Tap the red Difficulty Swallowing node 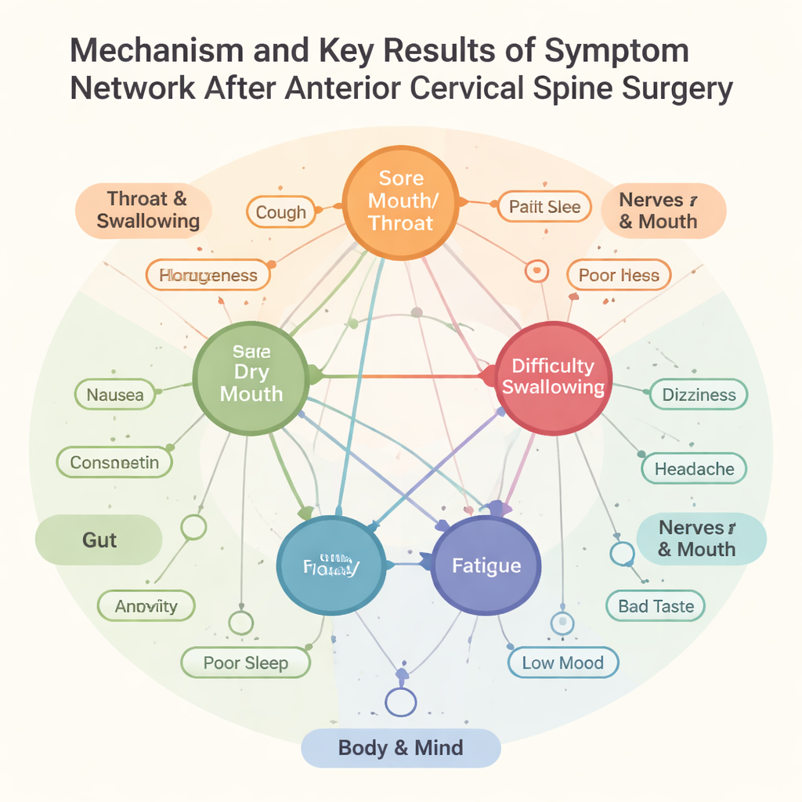(553, 377)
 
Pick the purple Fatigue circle (486, 565)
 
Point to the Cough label (281, 212)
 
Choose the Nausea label (115, 395)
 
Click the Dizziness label (699, 395)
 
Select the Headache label (694, 469)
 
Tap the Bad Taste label (656, 606)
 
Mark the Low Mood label (562, 663)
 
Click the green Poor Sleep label (246, 663)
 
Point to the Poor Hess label (619, 275)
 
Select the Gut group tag (99, 540)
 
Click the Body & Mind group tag (400, 747)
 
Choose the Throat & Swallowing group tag (148, 210)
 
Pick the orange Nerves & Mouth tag (663, 211)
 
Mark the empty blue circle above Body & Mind (402, 700)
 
